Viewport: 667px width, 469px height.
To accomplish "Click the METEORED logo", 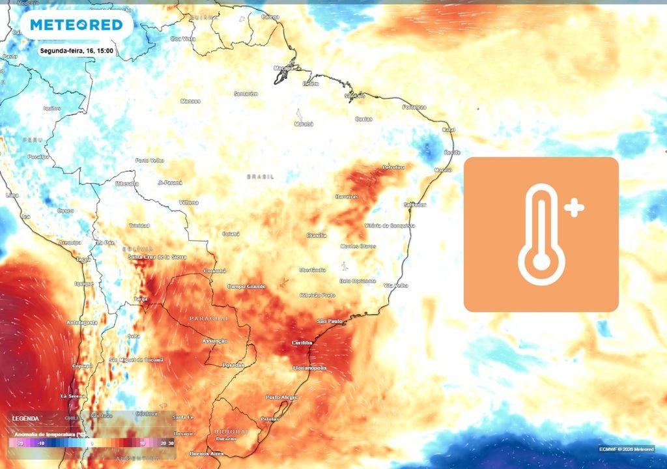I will (x=76, y=25).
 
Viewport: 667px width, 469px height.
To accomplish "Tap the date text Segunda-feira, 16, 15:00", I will (x=77, y=50).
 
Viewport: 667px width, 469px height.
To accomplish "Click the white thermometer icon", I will (x=541, y=234).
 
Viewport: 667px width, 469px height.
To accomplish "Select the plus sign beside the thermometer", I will (x=575, y=208).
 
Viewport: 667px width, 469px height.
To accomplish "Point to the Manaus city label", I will (x=191, y=101).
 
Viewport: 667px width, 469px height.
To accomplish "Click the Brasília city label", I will (x=317, y=235).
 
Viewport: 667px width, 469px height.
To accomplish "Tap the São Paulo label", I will (x=330, y=322).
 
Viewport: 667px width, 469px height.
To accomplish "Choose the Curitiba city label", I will (x=304, y=343).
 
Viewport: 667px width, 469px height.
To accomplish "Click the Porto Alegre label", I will (x=281, y=397).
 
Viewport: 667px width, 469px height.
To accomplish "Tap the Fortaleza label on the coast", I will (x=414, y=107).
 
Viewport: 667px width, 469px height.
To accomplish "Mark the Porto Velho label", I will (x=149, y=160).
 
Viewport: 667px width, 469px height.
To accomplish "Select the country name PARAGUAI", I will (x=208, y=318).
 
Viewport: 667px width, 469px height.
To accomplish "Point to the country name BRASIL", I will (x=261, y=177).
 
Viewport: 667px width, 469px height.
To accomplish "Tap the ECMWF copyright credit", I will (x=627, y=449).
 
